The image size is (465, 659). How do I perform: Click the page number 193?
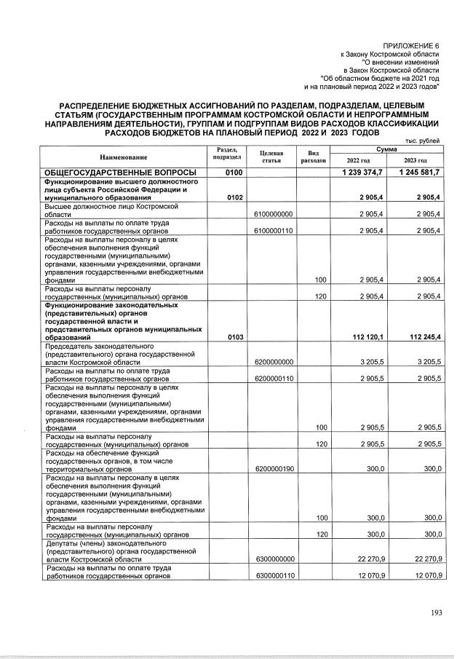pos(436,612)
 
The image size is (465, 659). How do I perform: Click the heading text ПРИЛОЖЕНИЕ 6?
pos(412,46)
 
